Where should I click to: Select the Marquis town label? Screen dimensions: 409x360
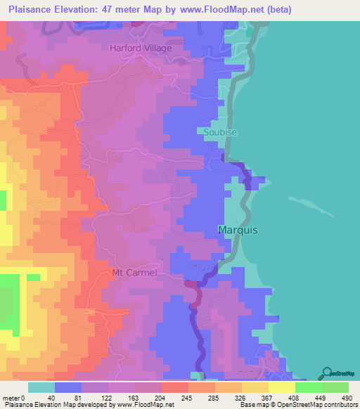[237, 230]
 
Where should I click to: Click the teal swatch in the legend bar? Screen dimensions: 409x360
[41, 387]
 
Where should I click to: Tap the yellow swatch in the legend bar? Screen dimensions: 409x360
[281, 387]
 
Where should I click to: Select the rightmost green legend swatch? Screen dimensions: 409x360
[335, 387]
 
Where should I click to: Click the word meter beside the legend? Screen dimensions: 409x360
[12, 397]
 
